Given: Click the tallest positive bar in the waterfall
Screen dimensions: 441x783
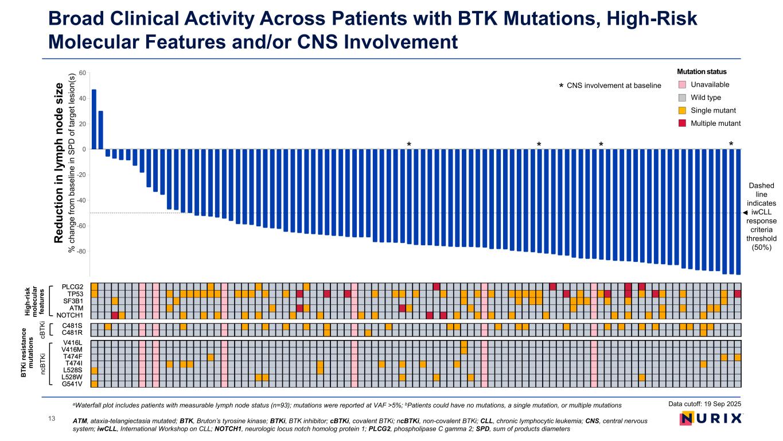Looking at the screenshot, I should tap(94, 119).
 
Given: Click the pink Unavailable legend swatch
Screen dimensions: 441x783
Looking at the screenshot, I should tap(681, 84).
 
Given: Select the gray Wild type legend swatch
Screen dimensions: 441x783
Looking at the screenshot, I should tap(681, 98).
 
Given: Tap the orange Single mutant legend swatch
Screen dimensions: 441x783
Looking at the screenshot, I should tap(681, 110).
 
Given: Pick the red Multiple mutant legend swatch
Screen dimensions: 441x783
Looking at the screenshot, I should tap(681, 123).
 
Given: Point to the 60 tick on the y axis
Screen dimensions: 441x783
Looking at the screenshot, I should tap(82, 73).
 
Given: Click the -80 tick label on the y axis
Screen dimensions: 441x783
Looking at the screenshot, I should tap(81, 252).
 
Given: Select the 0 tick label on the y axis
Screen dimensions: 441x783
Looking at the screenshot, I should tap(84, 149).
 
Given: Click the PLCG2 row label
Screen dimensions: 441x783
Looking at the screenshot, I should tap(72, 287).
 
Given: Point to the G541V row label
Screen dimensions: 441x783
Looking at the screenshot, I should tap(72, 384).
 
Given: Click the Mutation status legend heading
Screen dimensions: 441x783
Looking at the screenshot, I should tap(702, 72).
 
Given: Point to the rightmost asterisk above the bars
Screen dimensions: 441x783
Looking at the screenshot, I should tap(731, 144).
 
